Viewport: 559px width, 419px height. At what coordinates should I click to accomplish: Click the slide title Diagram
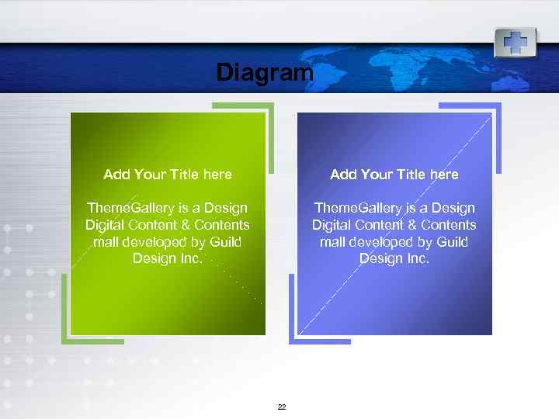[264, 73]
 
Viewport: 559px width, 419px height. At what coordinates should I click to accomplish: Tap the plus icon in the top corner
[515, 42]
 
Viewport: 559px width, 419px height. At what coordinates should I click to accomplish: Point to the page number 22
[281, 407]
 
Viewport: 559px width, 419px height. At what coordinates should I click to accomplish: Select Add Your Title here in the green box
[168, 175]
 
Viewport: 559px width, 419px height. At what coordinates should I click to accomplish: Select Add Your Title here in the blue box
[394, 175]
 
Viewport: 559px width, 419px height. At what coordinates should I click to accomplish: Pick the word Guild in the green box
[225, 242]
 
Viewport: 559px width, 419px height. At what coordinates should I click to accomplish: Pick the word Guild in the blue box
[452, 242]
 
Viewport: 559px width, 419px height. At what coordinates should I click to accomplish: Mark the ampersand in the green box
[189, 225]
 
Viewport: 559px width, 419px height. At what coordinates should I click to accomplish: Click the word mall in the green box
[106, 242]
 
